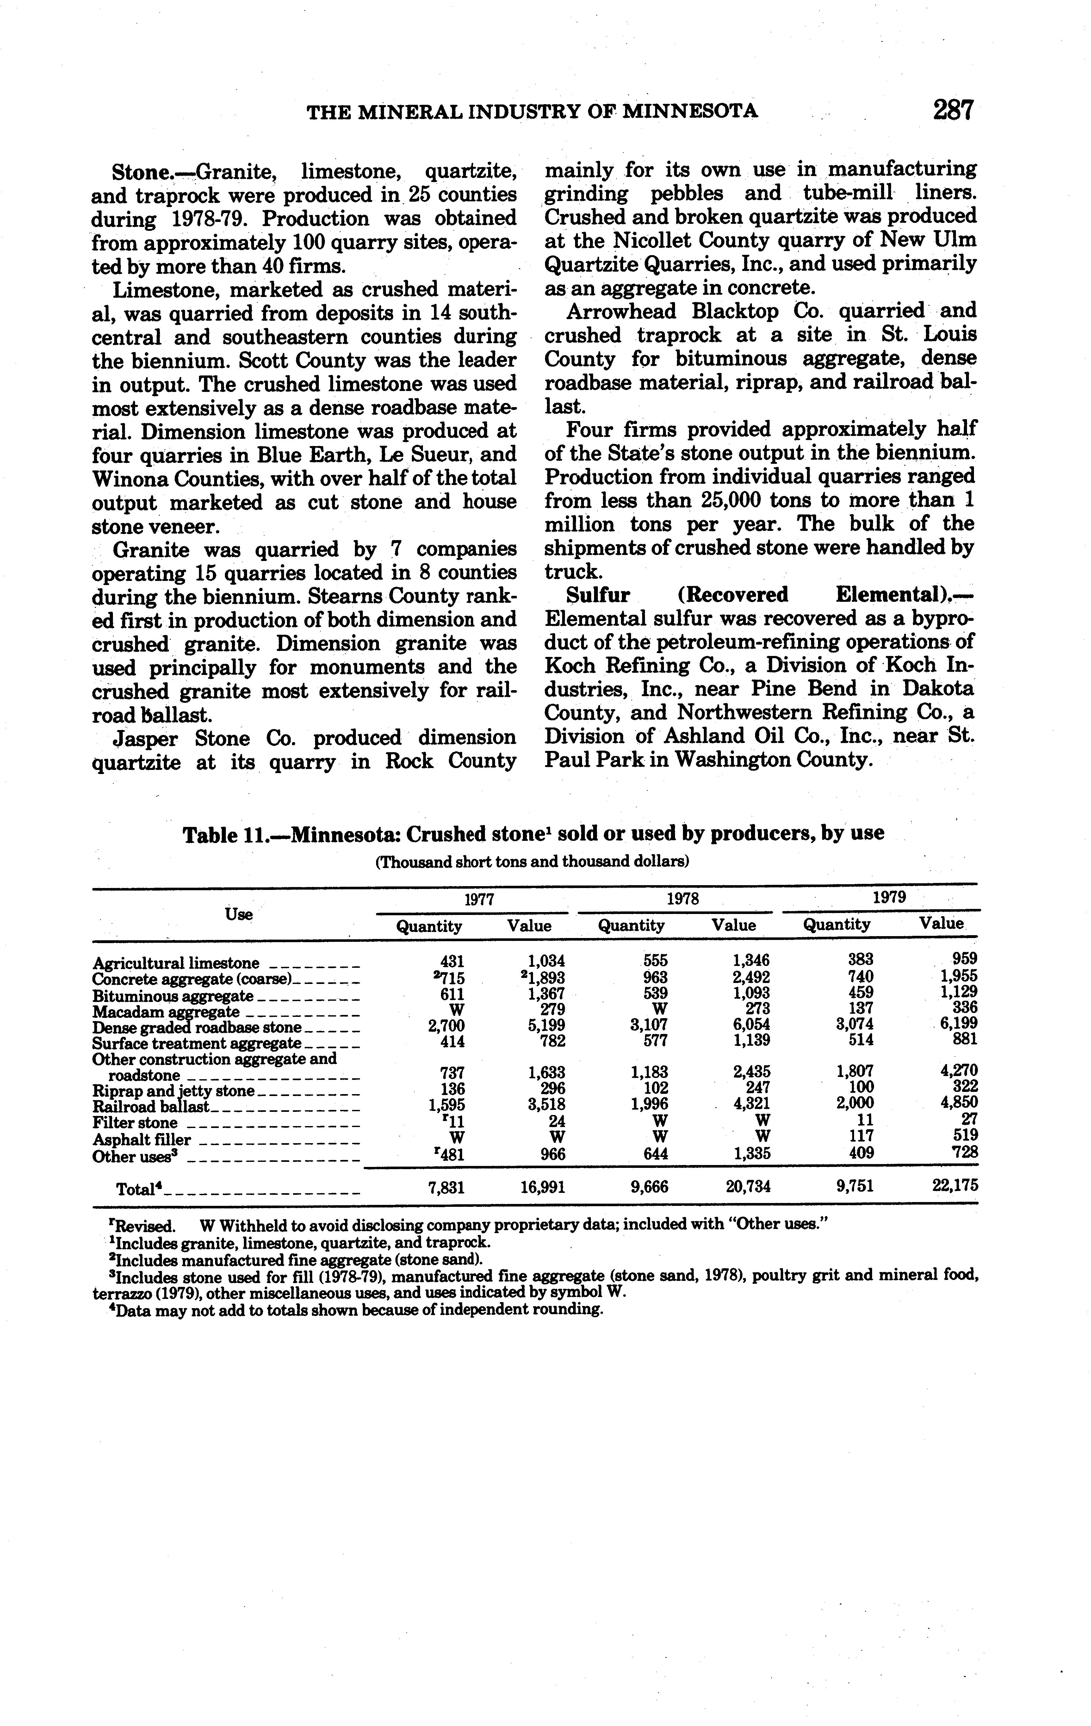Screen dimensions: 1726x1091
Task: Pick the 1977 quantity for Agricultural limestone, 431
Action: (x=453, y=961)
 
